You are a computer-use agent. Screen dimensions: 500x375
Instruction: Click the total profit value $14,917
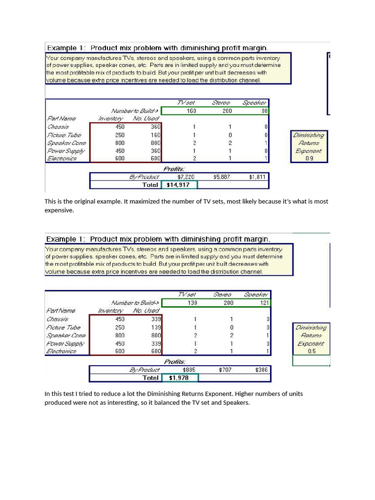click(178, 185)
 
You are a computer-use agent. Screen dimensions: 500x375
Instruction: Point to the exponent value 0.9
click(309, 159)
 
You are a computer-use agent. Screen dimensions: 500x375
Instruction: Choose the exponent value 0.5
click(312, 351)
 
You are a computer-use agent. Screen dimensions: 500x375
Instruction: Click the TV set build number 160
click(191, 111)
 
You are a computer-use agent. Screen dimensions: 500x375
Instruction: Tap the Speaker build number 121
click(263, 303)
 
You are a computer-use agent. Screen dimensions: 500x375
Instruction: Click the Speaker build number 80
click(264, 111)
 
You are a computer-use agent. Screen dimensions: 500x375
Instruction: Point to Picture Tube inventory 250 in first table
click(120, 135)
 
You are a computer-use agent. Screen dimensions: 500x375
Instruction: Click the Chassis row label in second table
click(58, 319)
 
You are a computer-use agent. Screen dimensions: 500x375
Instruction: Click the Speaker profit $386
click(262, 370)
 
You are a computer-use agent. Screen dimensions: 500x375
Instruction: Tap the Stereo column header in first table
click(221, 103)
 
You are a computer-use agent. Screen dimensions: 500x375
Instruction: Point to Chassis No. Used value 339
click(156, 319)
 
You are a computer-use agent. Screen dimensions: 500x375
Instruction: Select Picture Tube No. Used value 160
click(155, 135)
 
